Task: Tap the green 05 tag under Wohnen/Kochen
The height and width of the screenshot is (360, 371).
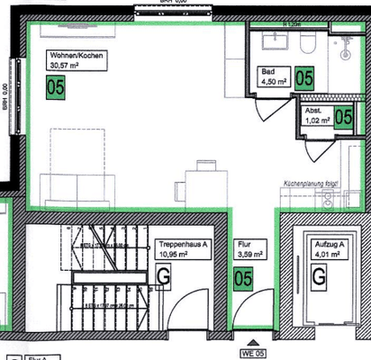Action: coord(56,88)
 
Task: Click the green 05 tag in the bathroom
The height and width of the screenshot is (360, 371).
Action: coord(303,78)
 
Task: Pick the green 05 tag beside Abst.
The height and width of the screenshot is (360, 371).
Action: coord(343,116)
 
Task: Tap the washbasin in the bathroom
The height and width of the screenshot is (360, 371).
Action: coord(272,41)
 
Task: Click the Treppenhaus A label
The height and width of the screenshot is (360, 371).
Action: coord(184,248)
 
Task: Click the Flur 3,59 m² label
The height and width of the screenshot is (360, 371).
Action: coord(249,248)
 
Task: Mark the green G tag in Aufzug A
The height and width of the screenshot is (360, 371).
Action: coord(318,278)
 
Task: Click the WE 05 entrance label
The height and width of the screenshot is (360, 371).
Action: coord(253,353)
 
